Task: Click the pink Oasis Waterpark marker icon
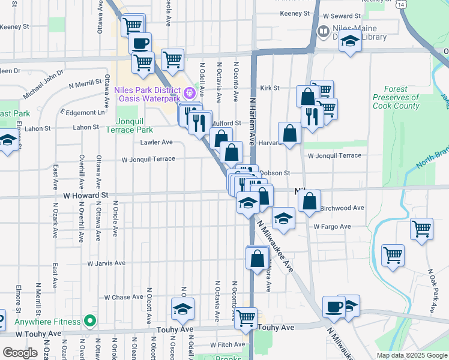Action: click(190, 92)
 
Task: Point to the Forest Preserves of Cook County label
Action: click(396, 97)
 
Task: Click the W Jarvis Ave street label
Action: click(106, 263)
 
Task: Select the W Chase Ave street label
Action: click(124, 297)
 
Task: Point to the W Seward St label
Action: click(342, 16)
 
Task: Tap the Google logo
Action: click(20, 353)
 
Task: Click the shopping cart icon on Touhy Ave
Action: click(246, 318)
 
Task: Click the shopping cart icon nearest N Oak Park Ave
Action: click(422, 229)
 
